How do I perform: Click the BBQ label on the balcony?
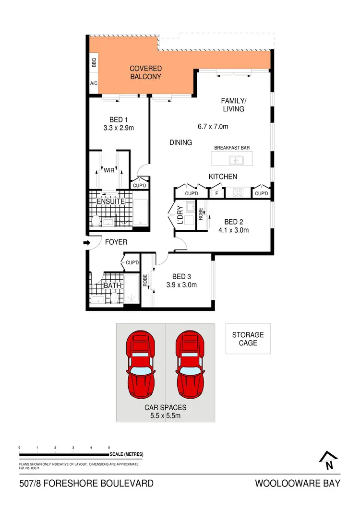(94, 63)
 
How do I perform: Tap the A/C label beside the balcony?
(94, 83)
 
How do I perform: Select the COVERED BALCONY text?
(145, 72)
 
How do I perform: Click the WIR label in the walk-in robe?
(109, 170)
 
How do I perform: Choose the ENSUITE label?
(111, 201)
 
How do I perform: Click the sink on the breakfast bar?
(236, 160)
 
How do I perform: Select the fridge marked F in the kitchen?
(217, 193)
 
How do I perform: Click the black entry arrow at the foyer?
(86, 243)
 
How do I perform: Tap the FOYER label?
(116, 242)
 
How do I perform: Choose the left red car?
(141, 366)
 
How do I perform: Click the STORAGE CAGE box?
(248, 339)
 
